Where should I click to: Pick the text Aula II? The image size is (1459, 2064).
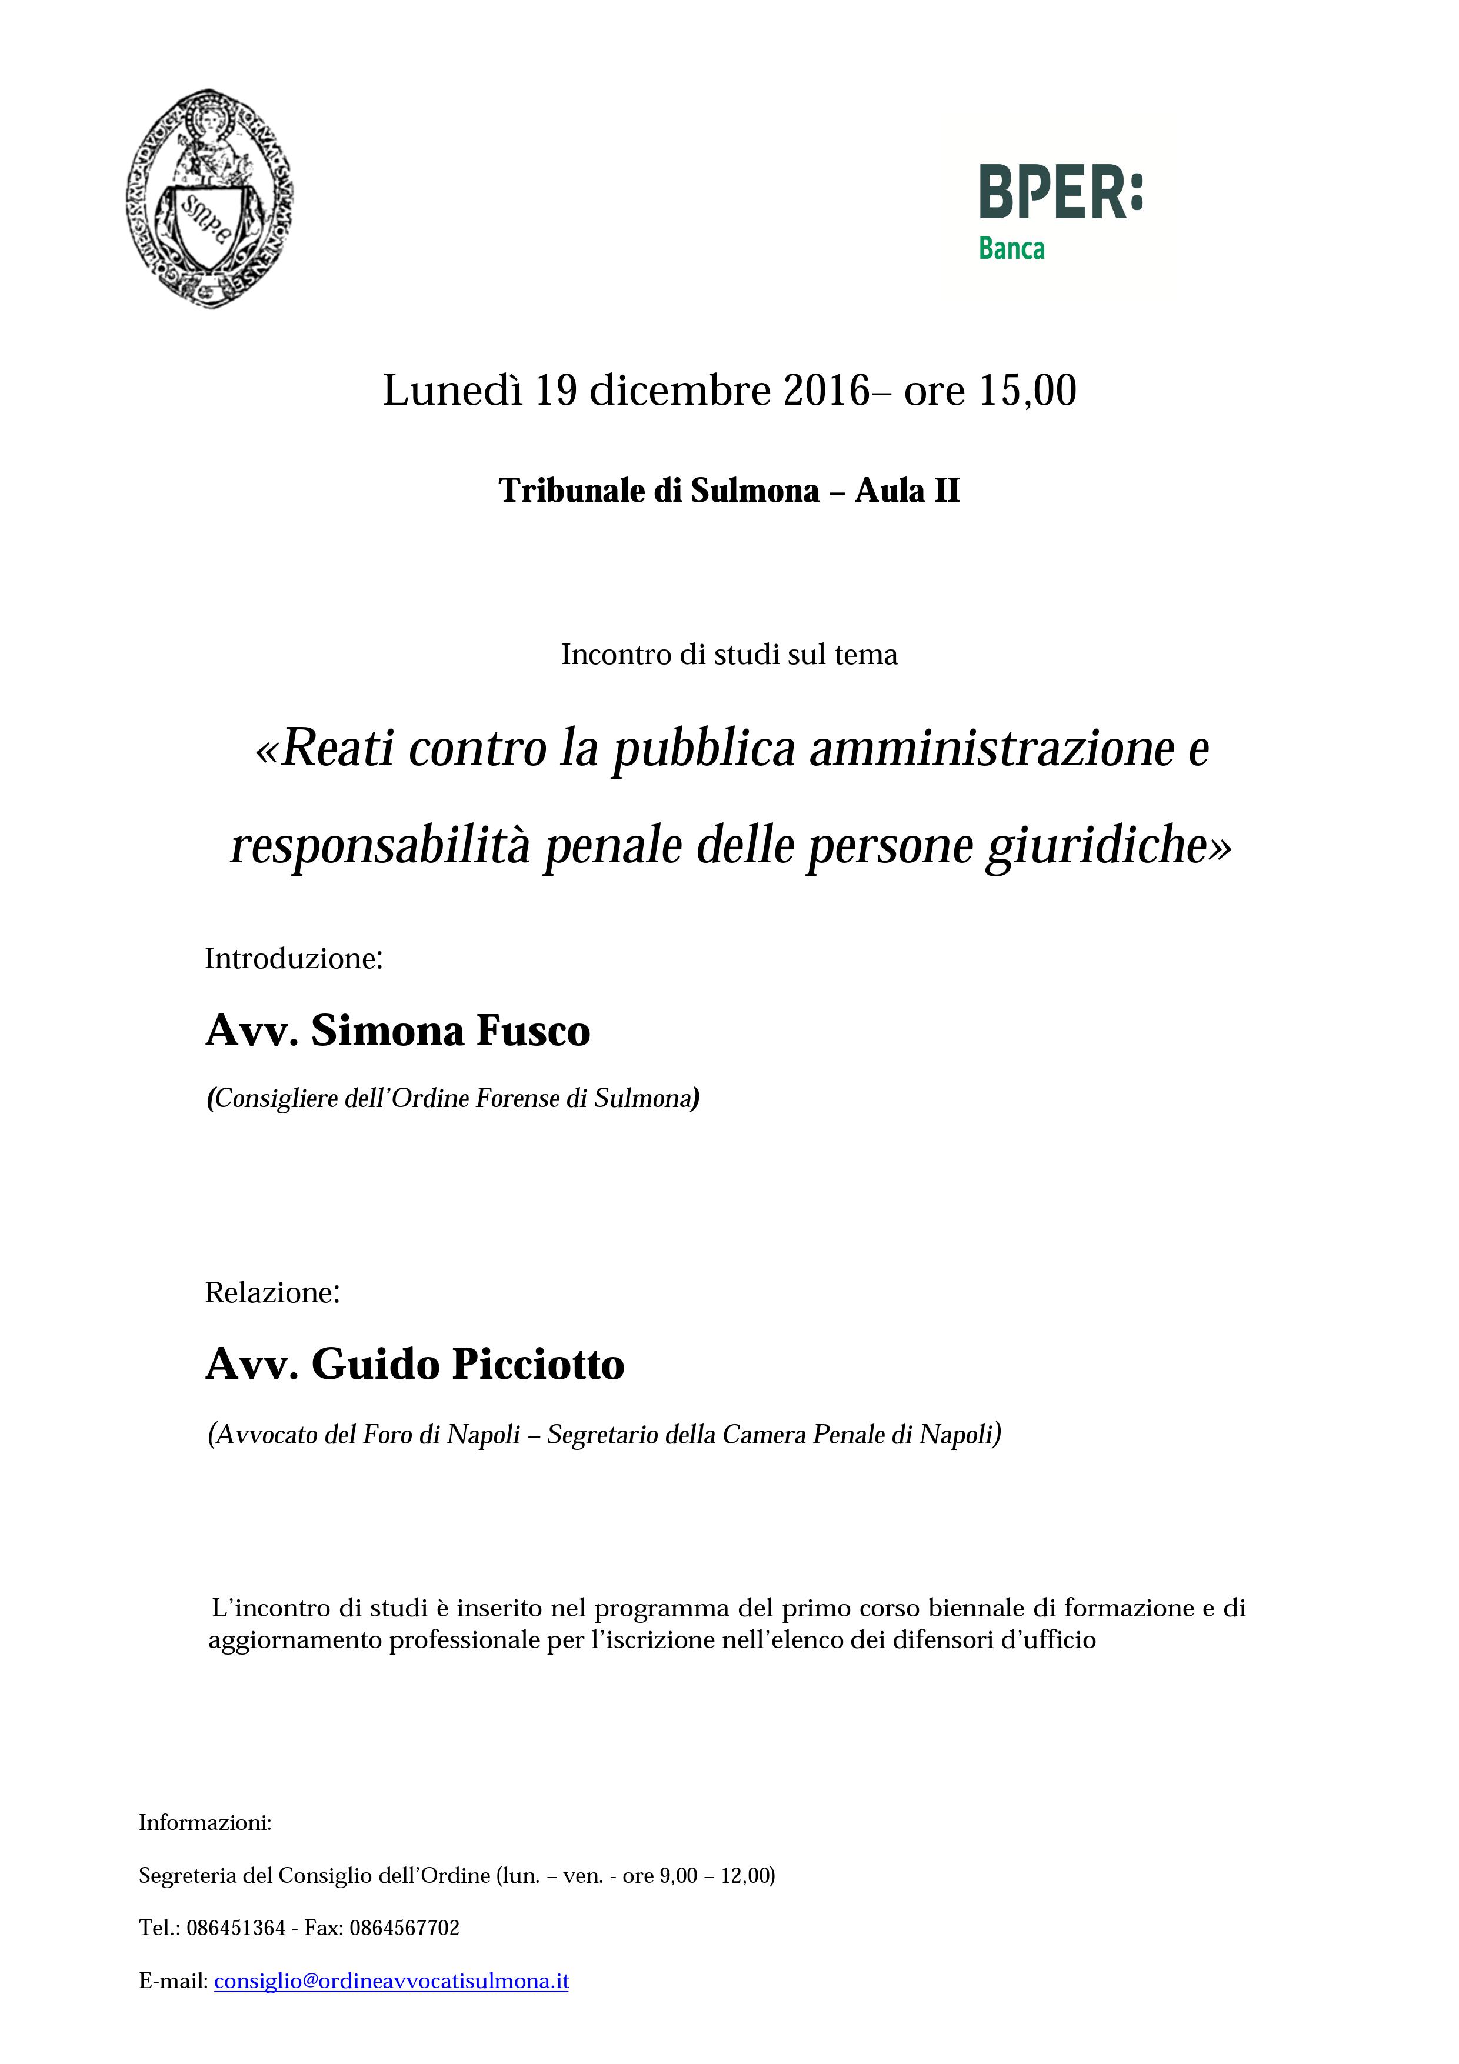(x=907, y=491)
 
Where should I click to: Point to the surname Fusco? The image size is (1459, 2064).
(x=532, y=1031)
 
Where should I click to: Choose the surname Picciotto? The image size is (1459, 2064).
(x=538, y=1365)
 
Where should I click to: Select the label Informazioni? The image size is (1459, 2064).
(x=205, y=1823)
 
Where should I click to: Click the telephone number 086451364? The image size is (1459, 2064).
(x=235, y=1928)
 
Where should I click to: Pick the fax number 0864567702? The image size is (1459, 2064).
(x=405, y=1928)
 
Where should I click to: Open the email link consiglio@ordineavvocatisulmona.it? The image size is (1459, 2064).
(x=391, y=1981)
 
